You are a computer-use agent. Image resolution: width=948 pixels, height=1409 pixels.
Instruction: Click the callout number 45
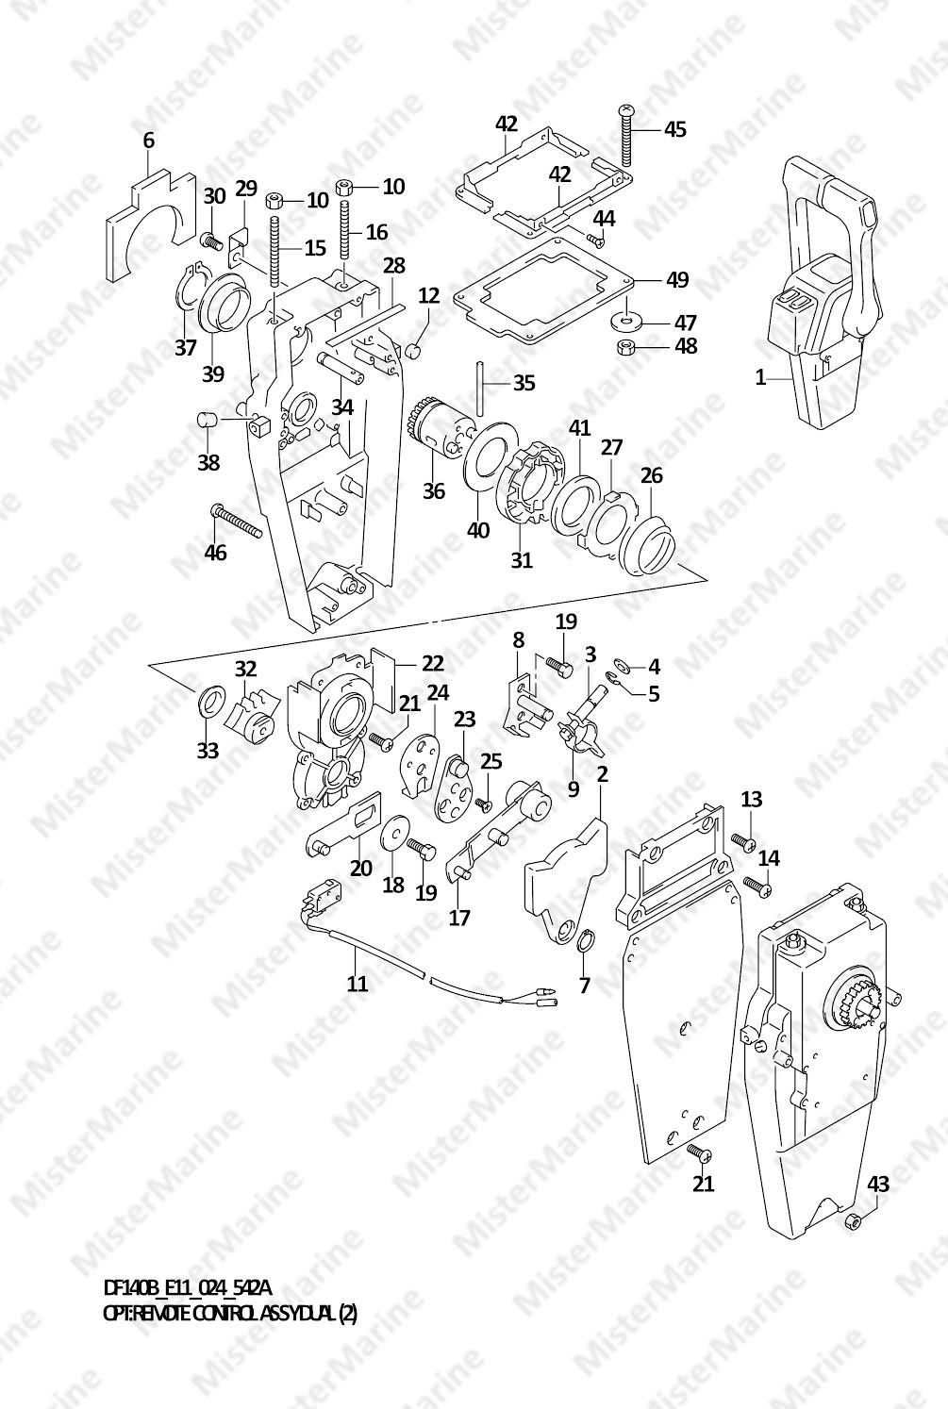click(x=675, y=129)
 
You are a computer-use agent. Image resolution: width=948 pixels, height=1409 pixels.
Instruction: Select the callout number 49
click(x=677, y=279)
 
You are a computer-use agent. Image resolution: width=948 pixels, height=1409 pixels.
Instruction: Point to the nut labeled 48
click(x=624, y=346)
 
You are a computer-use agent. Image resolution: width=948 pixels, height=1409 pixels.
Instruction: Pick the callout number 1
click(x=760, y=378)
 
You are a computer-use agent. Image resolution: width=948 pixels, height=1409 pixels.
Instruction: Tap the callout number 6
click(x=148, y=141)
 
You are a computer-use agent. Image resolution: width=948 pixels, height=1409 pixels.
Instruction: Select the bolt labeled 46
click(x=237, y=521)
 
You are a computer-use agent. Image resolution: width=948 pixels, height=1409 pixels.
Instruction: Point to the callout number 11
click(x=358, y=983)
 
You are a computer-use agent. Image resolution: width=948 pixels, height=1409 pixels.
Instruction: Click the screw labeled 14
click(x=757, y=887)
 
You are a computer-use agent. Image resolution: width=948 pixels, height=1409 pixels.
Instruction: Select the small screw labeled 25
click(x=483, y=804)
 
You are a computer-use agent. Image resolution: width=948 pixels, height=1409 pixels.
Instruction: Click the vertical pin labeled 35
click(x=480, y=389)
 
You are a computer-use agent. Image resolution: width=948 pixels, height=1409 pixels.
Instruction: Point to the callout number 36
click(x=433, y=490)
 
